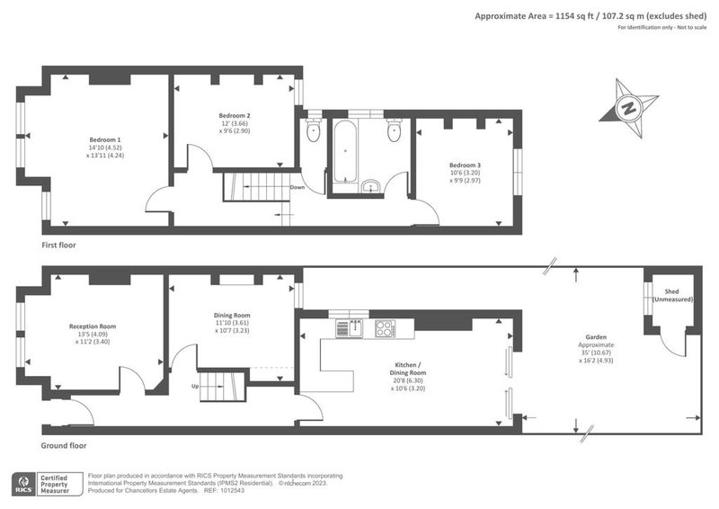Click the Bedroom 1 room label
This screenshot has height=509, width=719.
(x=105, y=140)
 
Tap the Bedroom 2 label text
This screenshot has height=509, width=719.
(x=235, y=116)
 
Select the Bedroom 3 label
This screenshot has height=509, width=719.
(x=465, y=165)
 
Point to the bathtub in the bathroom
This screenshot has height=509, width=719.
(x=345, y=151)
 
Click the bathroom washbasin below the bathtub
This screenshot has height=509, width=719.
(x=370, y=187)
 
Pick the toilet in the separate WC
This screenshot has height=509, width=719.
(x=313, y=129)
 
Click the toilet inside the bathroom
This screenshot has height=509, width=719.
(x=394, y=129)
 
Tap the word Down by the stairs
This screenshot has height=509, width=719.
(x=297, y=187)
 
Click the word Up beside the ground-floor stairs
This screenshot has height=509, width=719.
(x=195, y=387)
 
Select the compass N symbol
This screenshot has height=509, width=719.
(x=628, y=109)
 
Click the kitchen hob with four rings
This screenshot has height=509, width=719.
(x=386, y=328)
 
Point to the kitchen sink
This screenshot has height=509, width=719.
(x=350, y=328)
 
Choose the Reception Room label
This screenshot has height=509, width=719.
(x=93, y=326)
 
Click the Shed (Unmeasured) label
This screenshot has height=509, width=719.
(x=672, y=296)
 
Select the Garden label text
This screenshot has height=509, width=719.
(x=596, y=337)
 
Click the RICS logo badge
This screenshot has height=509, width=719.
(x=23, y=484)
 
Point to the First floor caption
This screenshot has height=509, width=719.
(x=58, y=246)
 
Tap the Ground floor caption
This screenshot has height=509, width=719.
(x=64, y=445)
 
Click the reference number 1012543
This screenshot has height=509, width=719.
(x=234, y=491)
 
